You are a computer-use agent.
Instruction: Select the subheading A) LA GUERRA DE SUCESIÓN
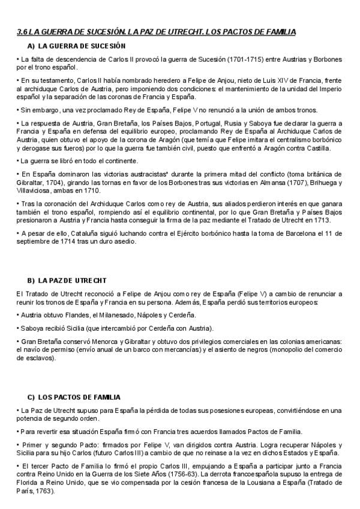click(76, 46)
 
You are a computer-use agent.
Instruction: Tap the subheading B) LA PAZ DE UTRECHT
click(67, 280)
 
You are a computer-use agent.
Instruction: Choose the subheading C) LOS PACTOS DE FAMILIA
click(74, 397)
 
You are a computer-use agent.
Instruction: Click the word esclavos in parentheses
click(37, 358)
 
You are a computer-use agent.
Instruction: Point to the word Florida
click(28, 483)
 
